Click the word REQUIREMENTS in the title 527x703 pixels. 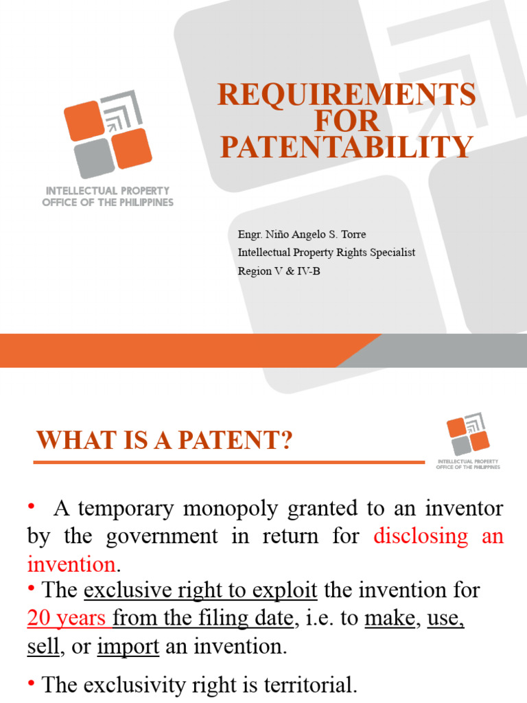tap(347, 95)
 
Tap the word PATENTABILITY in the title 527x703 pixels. tap(347, 147)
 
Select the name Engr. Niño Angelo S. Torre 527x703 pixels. tap(302, 235)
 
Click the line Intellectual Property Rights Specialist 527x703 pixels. tap(326, 253)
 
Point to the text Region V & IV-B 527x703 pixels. tap(279, 270)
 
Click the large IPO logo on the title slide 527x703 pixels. tap(108, 135)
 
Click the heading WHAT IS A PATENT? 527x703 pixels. tap(165, 441)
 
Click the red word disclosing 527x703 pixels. tap(420, 535)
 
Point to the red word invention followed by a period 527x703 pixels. tap(71, 564)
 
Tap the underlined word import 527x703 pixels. tap(128, 647)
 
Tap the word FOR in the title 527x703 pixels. tap(347, 121)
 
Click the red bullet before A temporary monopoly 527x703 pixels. tap(31, 507)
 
